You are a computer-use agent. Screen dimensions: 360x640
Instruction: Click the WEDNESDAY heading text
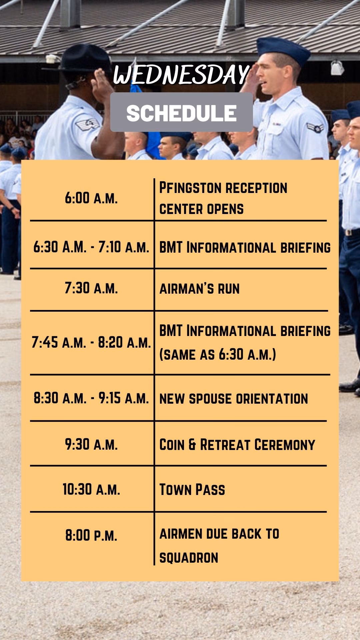[x=181, y=75]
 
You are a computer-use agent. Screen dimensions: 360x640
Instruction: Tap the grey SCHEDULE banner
[x=181, y=112]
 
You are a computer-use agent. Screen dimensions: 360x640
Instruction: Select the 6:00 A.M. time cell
[x=91, y=198]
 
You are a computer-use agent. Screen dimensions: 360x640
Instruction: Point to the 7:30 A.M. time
[x=91, y=288]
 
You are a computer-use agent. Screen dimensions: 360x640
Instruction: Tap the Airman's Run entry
[x=200, y=289]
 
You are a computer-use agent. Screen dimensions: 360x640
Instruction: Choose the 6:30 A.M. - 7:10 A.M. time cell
[x=91, y=247]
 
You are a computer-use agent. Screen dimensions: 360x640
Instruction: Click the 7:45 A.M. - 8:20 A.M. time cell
[x=91, y=342]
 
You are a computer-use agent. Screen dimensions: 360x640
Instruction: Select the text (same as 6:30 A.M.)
[x=218, y=354]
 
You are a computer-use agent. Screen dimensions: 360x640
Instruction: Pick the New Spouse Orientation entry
[x=234, y=399]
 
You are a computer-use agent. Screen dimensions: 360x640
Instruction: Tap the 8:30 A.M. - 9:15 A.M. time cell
[x=91, y=398]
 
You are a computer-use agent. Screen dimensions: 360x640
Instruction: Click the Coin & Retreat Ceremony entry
[x=237, y=445]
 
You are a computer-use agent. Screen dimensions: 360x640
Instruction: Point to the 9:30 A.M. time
[x=91, y=444]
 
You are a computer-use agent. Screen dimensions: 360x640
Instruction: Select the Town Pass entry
[x=192, y=490]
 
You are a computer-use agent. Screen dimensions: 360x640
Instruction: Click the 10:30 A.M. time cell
[x=91, y=489]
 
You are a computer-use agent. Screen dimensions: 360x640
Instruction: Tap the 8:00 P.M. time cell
[x=91, y=535]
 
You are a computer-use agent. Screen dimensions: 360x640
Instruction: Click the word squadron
[x=189, y=558]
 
